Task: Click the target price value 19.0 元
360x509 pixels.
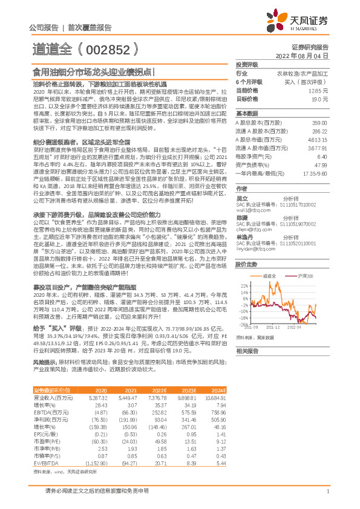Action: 319,98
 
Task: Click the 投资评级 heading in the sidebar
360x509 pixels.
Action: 247,64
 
